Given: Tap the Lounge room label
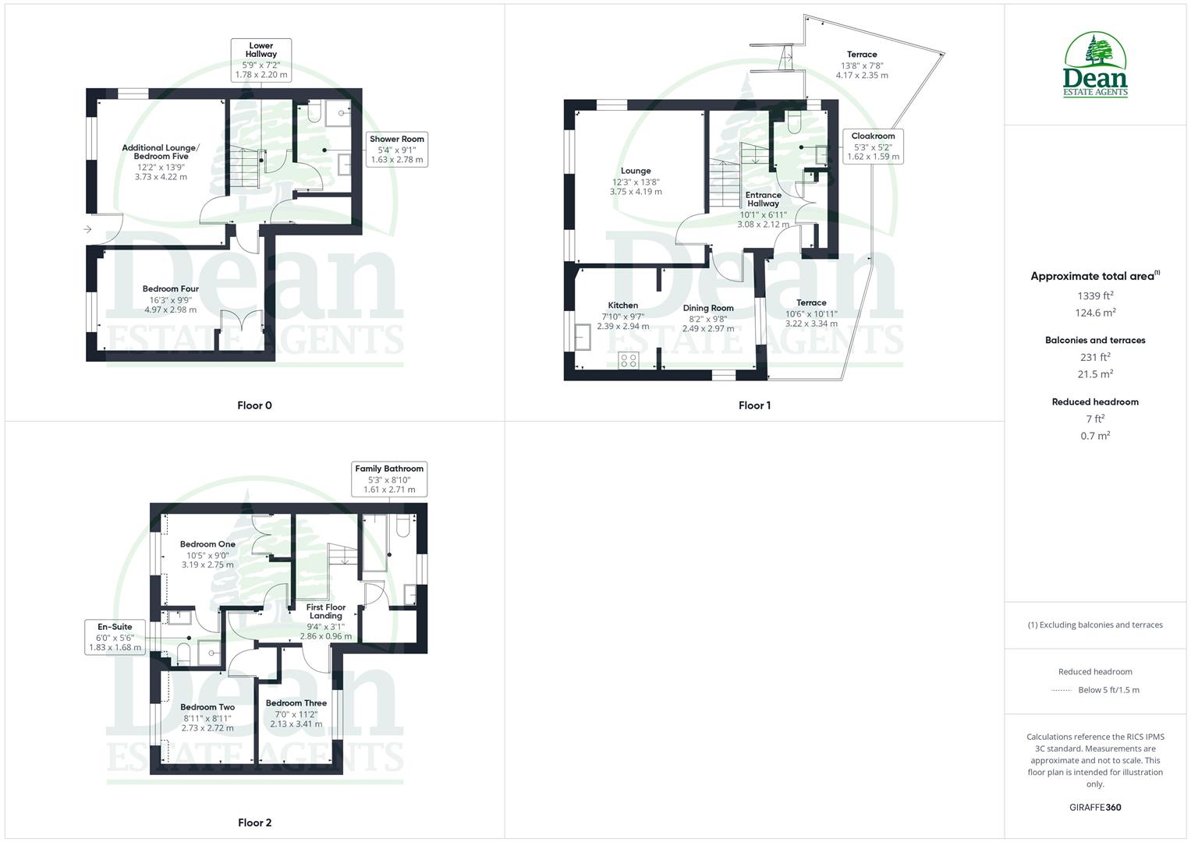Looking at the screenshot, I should click(636, 171).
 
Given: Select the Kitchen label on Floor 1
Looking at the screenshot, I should click(622, 306).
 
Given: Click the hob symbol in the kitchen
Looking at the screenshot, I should click(628, 360).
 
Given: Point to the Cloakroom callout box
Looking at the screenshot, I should click(873, 147).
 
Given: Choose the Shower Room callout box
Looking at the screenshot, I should click(397, 149).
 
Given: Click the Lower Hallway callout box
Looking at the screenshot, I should click(261, 60).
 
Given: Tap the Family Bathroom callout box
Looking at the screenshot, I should click(389, 479).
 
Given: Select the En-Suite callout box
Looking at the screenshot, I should click(115, 637).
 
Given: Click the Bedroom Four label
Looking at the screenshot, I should click(171, 289).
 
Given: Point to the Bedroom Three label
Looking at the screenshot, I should click(296, 703).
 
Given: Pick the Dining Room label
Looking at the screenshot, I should click(708, 308).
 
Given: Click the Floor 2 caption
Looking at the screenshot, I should click(255, 823).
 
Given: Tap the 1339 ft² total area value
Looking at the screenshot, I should click(1095, 295).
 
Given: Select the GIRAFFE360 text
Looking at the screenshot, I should click(1095, 807).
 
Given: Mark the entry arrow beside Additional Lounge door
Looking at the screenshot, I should click(87, 229).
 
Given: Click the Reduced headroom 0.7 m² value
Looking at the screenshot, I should click(1095, 436).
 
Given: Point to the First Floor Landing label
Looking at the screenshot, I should click(325, 611).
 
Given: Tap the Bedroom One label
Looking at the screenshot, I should click(207, 544).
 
